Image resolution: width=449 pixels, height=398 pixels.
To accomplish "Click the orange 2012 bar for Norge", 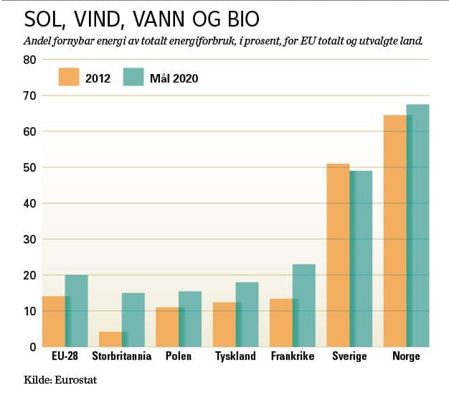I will [394, 231].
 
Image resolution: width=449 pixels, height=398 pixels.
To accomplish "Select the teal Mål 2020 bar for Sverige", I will [361, 259].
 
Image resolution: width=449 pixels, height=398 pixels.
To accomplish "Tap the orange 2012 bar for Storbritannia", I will [110, 339].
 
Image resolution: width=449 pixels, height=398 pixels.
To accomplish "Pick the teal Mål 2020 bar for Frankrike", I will [304, 305].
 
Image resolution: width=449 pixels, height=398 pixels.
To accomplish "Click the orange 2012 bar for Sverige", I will [338, 255].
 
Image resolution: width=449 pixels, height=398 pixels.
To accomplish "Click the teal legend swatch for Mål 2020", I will [134, 78].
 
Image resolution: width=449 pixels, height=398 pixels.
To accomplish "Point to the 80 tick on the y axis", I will [30, 60].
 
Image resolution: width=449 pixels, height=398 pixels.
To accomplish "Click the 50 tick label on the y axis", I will [30, 167].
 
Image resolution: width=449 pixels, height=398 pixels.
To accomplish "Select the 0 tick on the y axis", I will [33, 347].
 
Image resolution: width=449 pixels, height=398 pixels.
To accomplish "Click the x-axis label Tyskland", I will [235, 357].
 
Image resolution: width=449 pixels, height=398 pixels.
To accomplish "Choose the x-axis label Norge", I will [406, 357].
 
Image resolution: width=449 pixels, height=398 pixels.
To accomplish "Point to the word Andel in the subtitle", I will [39, 42].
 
